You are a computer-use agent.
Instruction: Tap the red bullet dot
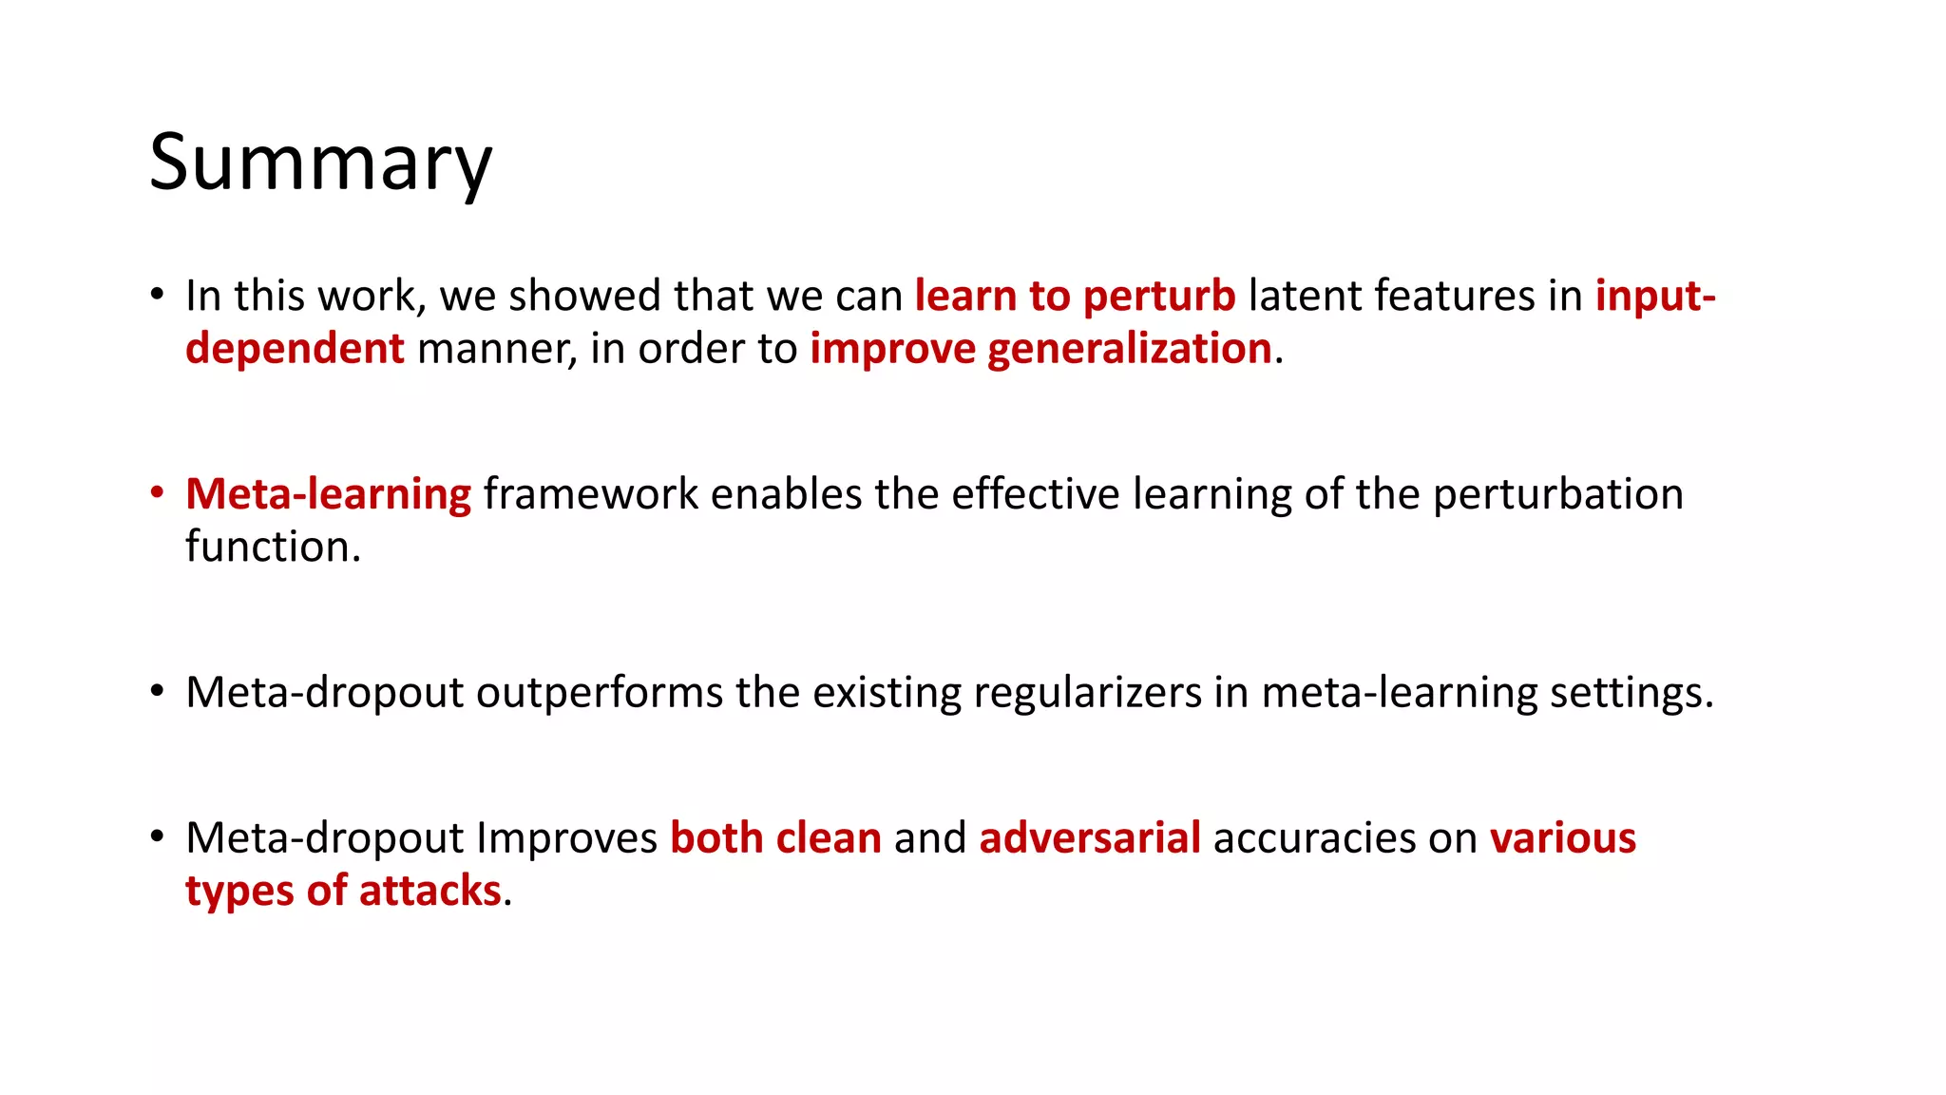click(157, 493)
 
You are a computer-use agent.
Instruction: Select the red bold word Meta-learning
click(328, 494)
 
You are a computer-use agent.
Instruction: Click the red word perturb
click(1159, 297)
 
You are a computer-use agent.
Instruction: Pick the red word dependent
click(295, 349)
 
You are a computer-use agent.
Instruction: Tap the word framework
click(591, 494)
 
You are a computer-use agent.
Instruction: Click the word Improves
click(566, 838)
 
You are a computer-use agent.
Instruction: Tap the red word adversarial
click(1090, 838)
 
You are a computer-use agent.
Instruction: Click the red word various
click(1562, 838)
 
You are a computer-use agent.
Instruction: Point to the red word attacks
click(429, 892)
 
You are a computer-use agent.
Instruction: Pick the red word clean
click(829, 838)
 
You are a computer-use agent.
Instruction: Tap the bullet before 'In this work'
click(157, 295)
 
